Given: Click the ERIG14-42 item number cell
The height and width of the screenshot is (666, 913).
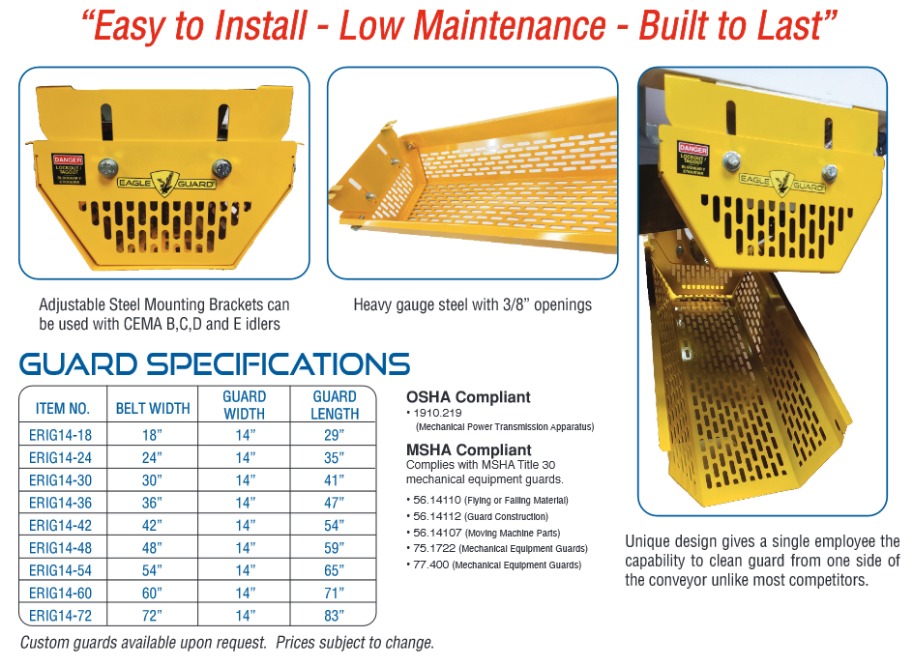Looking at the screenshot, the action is [x=61, y=525].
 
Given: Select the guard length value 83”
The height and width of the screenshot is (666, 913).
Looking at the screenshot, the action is [x=335, y=616].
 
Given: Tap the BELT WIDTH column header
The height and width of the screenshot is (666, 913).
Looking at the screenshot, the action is [x=153, y=408].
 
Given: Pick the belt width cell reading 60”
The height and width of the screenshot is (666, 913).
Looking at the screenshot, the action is [x=152, y=593].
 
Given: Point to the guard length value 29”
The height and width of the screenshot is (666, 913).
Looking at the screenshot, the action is [x=335, y=435].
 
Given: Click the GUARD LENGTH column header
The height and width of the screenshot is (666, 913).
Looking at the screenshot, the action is [x=335, y=405].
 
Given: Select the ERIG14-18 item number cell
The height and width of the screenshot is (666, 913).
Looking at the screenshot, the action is [x=61, y=435].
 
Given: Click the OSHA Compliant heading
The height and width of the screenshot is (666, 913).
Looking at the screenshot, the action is [x=468, y=397].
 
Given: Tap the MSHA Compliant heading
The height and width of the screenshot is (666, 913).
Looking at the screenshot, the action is [x=469, y=449].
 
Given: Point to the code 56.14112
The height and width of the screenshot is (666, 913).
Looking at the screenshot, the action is [x=437, y=516].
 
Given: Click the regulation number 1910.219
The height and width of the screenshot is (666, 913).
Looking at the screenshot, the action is [x=437, y=413].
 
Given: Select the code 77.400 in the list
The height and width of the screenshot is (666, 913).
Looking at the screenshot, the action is [x=431, y=565].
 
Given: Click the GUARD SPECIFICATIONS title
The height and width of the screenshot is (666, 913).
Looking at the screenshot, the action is [x=215, y=363].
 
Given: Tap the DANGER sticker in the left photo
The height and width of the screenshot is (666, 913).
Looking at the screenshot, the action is [x=68, y=169].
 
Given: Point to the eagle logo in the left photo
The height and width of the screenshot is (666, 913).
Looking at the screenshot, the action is [x=164, y=183].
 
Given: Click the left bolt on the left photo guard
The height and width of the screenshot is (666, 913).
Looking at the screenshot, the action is [x=107, y=167].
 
